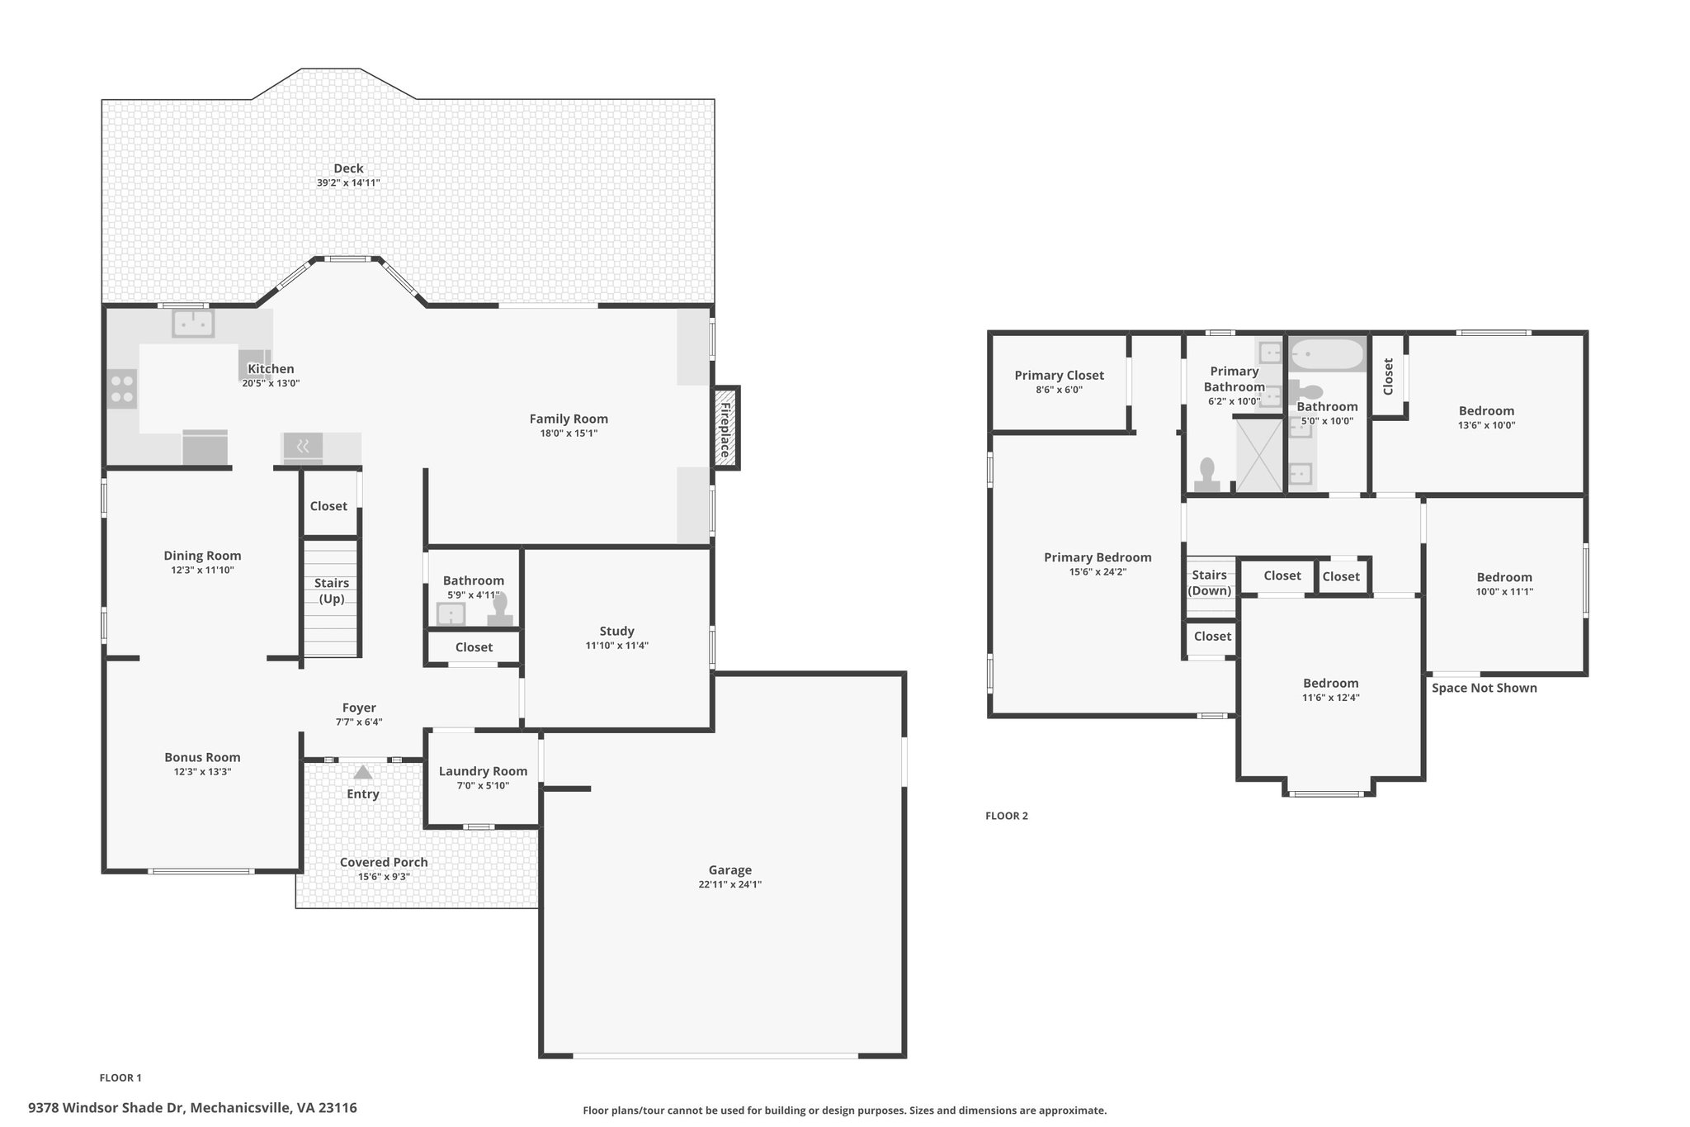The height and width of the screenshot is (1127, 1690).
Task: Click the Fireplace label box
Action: pyautogui.click(x=725, y=429)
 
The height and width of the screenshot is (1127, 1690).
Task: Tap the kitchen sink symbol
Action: pyautogui.click(x=193, y=323)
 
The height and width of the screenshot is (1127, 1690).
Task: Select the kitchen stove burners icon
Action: pyautogui.click(x=122, y=389)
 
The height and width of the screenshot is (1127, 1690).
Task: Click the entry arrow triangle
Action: pyautogui.click(x=362, y=773)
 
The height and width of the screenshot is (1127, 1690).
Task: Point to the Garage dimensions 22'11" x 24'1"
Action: pyautogui.click(x=729, y=884)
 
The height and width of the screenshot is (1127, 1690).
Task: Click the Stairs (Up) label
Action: pyautogui.click(x=332, y=590)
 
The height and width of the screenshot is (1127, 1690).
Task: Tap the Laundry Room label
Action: pyautogui.click(x=483, y=771)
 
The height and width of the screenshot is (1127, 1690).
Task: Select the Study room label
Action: pyautogui.click(x=616, y=632)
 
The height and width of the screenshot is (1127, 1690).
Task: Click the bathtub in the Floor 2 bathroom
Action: pyautogui.click(x=1328, y=355)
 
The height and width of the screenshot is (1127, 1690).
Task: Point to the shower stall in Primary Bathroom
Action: pyautogui.click(x=1259, y=454)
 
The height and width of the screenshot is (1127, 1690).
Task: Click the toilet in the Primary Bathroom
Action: pyautogui.click(x=1208, y=476)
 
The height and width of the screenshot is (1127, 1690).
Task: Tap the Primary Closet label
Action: pyautogui.click(x=1059, y=376)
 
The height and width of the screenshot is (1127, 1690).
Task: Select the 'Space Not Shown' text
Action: pyautogui.click(x=1484, y=688)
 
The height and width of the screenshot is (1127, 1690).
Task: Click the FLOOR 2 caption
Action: pyautogui.click(x=1007, y=816)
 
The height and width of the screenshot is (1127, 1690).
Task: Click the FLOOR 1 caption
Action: pyautogui.click(x=120, y=1077)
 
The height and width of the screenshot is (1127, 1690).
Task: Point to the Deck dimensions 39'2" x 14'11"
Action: pyautogui.click(x=348, y=182)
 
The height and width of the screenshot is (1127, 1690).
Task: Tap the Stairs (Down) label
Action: pyautogui.click(x=1209, y=583)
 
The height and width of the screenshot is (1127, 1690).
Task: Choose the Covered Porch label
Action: pyautogui.click(x=384, y=862)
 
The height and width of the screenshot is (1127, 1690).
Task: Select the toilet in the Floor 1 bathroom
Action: pyautogui.click(x=500, y=610)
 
